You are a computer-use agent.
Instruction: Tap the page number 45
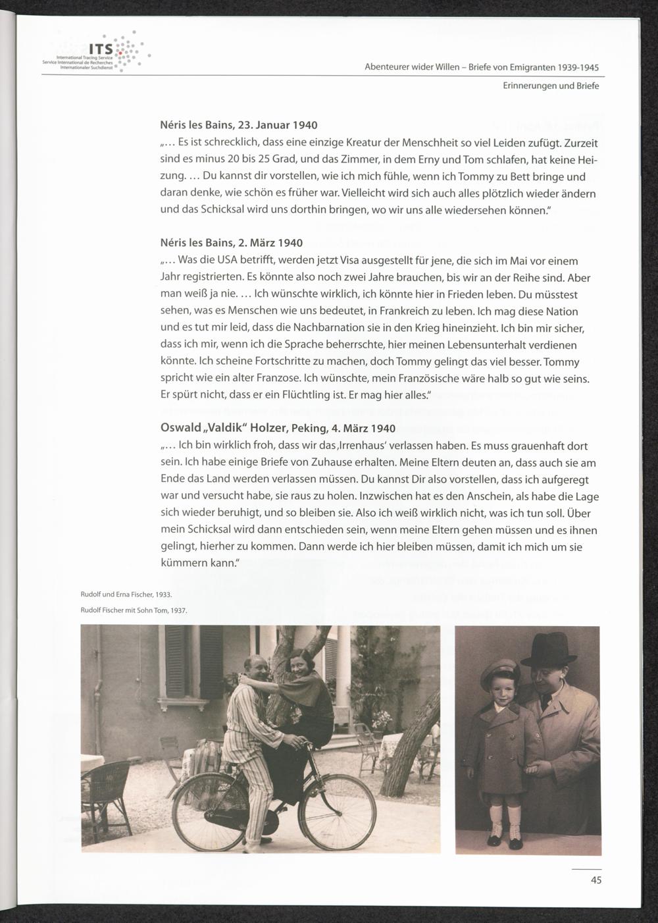[595, 880]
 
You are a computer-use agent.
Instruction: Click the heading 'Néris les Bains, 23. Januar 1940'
[239, 125]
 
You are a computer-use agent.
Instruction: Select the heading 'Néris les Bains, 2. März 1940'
[231, 243]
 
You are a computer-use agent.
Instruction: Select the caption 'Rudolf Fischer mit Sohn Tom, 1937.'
[134, 610]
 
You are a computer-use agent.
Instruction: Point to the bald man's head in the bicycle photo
[256, 668]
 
